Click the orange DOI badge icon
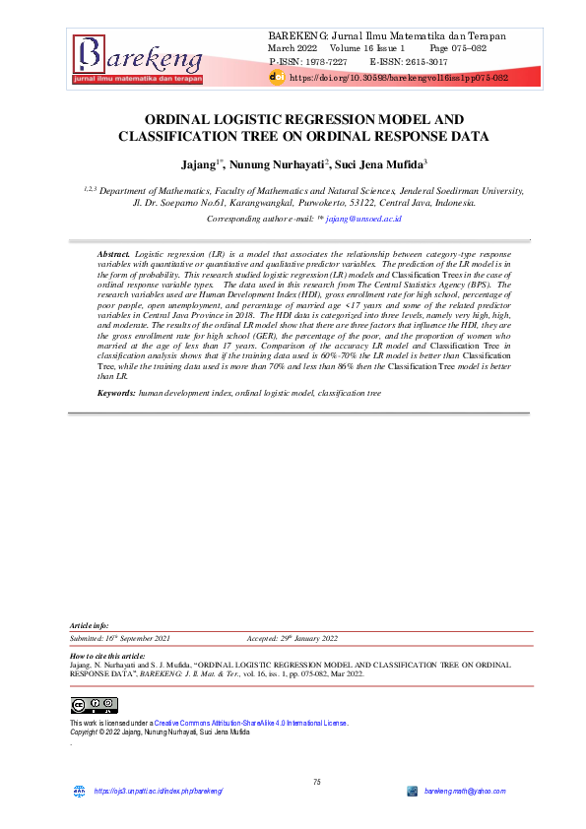coord(277,75)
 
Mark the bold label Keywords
coord(116,393)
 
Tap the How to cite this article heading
coord(108,656)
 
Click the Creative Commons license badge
coord(95,705)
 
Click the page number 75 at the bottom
coord(317,782)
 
